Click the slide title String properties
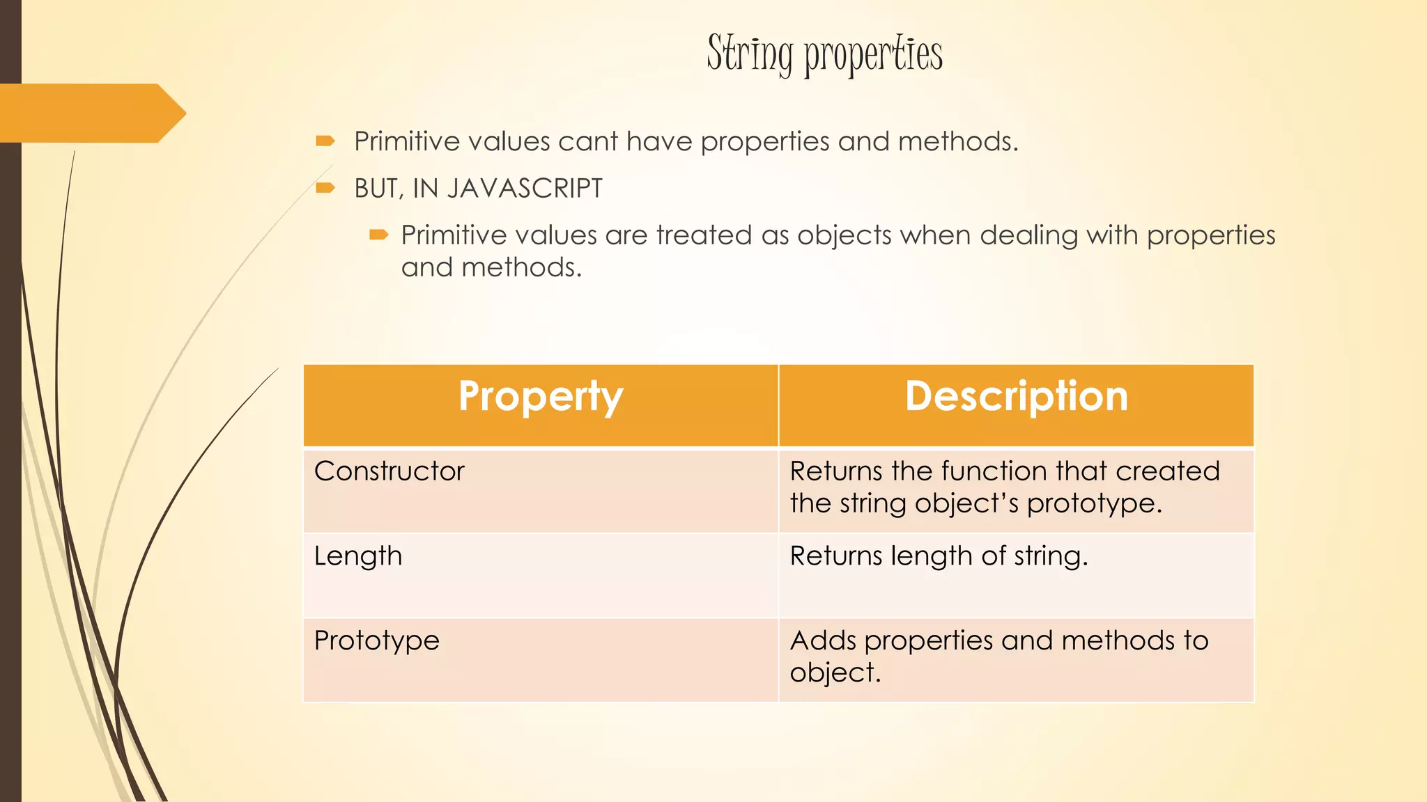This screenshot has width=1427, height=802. coord(824,54)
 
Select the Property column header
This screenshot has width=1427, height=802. coord(541,397)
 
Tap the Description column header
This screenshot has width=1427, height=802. coord(1016,397)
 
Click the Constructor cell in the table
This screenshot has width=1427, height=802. coord(389,471)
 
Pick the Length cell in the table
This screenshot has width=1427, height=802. coord(358,556)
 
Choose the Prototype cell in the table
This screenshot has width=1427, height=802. coord(376,640)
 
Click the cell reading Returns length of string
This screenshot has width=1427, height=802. coord(938,556)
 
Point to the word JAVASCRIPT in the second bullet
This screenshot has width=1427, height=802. coord(525,189)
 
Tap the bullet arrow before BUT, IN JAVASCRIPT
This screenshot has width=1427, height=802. coord(325,188)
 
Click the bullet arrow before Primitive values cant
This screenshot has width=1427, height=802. coord(325,141)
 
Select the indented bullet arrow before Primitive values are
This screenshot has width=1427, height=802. coord(378,235)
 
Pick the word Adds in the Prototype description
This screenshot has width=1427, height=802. coord(822,640)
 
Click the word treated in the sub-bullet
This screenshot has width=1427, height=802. coord(704,235)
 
